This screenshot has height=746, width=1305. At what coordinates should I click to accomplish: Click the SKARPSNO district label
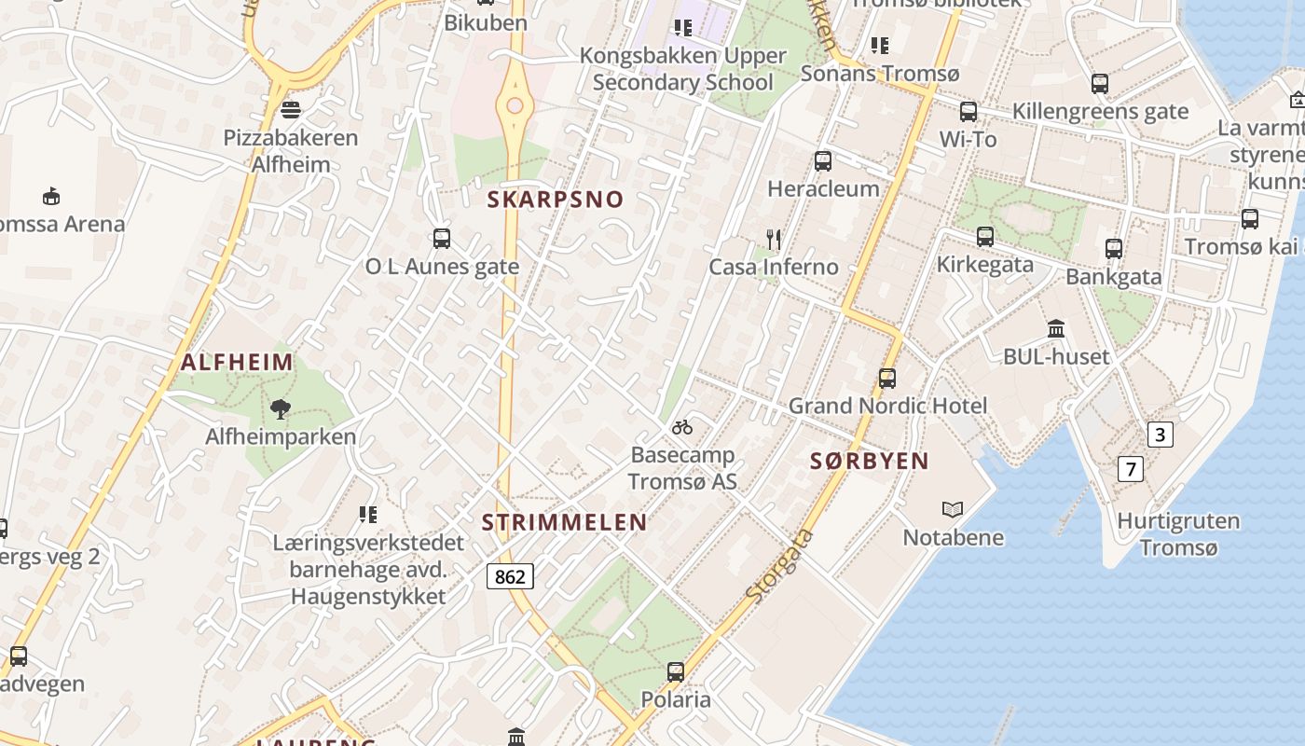555,200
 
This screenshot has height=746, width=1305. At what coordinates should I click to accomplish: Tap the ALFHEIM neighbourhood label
237,363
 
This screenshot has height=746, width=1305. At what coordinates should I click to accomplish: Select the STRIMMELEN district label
564,522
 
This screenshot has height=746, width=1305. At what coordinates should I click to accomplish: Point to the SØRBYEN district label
869,461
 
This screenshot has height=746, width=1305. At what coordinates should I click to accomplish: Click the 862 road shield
510,576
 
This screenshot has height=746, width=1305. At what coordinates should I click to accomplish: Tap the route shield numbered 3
1160,435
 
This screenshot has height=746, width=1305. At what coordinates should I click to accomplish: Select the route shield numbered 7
1130,469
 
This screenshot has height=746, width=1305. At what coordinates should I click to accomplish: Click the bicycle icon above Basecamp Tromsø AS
682,427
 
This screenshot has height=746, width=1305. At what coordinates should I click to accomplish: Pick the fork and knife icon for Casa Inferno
773,240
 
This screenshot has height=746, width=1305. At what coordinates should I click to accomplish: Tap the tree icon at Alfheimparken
281,408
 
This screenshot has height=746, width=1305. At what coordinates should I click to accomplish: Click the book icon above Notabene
953,509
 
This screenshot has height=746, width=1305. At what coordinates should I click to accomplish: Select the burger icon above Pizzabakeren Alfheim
291,110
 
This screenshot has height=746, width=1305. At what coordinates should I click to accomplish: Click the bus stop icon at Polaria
676,671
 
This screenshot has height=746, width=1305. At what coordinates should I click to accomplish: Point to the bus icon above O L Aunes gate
442,239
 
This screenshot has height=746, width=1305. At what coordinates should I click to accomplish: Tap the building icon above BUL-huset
1056,329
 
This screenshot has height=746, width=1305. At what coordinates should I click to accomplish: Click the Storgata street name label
779,565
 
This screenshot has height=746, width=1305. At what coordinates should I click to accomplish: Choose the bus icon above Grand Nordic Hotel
887,379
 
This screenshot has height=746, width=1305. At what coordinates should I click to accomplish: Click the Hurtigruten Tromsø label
1178,534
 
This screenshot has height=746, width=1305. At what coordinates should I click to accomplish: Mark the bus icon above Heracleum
823,161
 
